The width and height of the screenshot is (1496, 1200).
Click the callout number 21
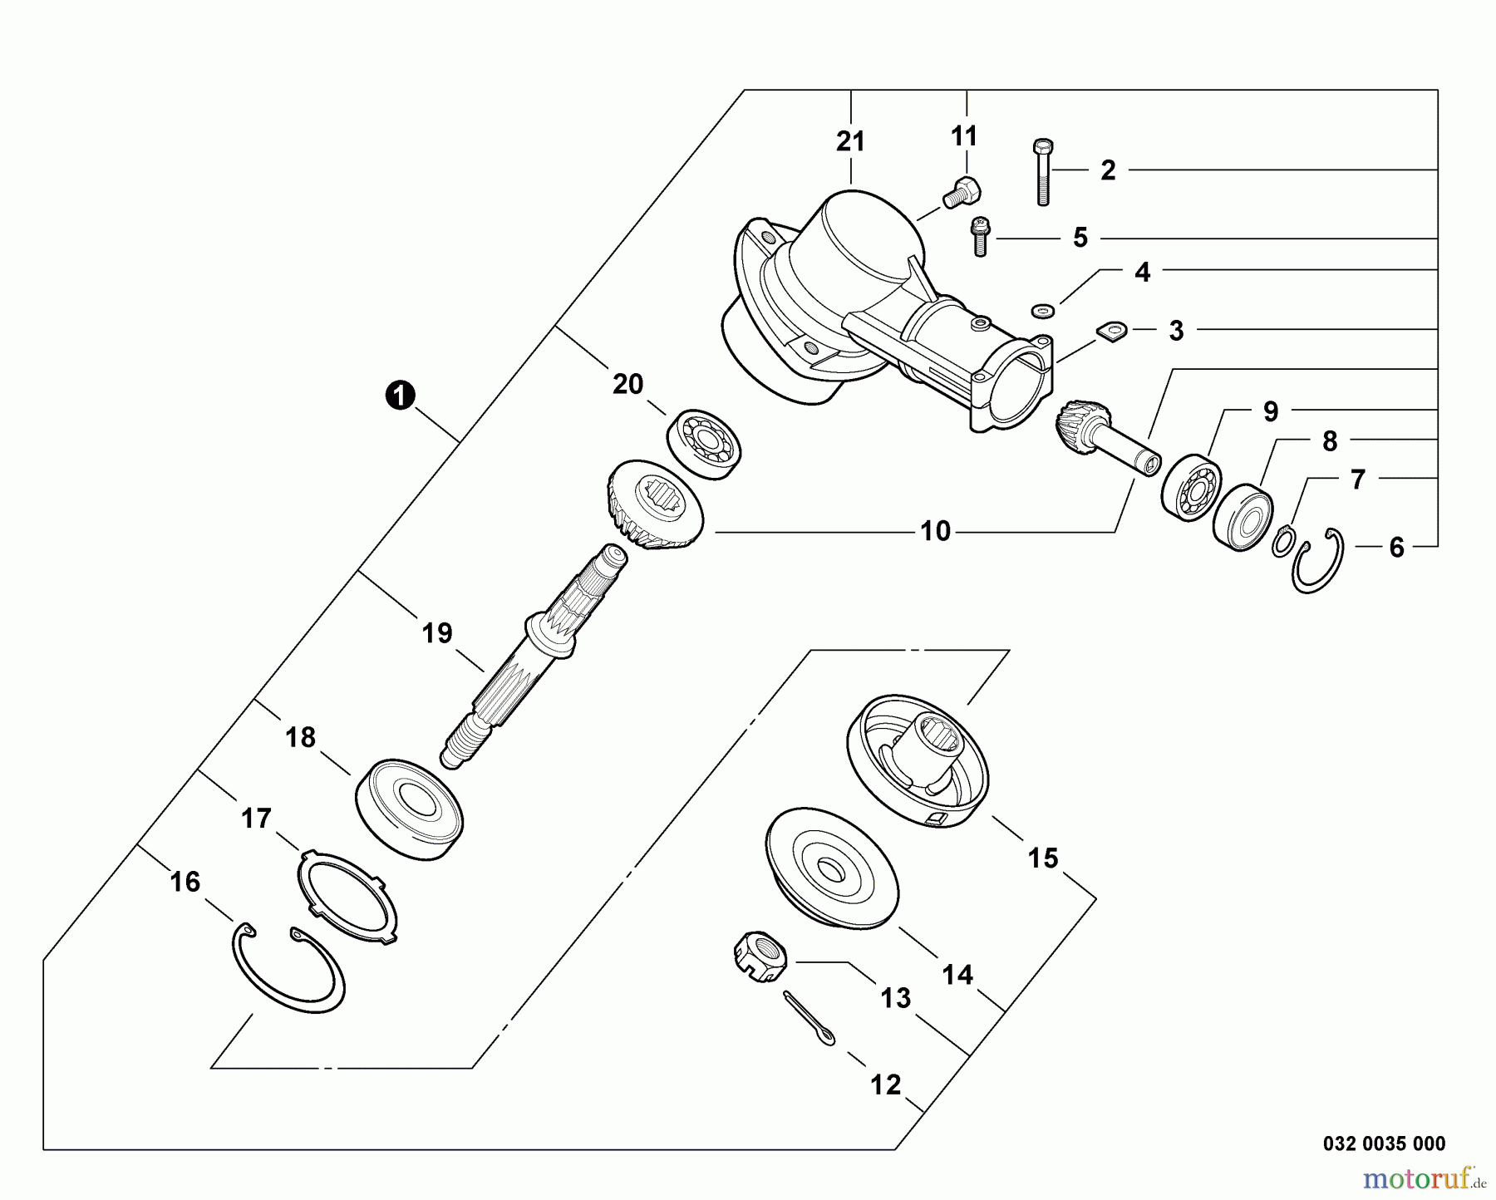pyautogui.click(x=850, y=142)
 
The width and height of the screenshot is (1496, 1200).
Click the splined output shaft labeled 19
pyautogui.click(x=532, y=657)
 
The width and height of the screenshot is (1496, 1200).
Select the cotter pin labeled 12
pyautogui.click(x=809, y=1019)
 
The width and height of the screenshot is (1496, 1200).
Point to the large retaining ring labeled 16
pyautogui.click(x=286, y=967)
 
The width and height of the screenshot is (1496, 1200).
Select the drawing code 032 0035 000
pyautogui.click(x=1384, y=1143)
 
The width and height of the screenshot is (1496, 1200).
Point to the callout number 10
pyautogui.click(x=935, y=531)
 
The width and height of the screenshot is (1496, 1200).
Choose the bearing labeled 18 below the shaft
pyautogui.click(x=409, y=804)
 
